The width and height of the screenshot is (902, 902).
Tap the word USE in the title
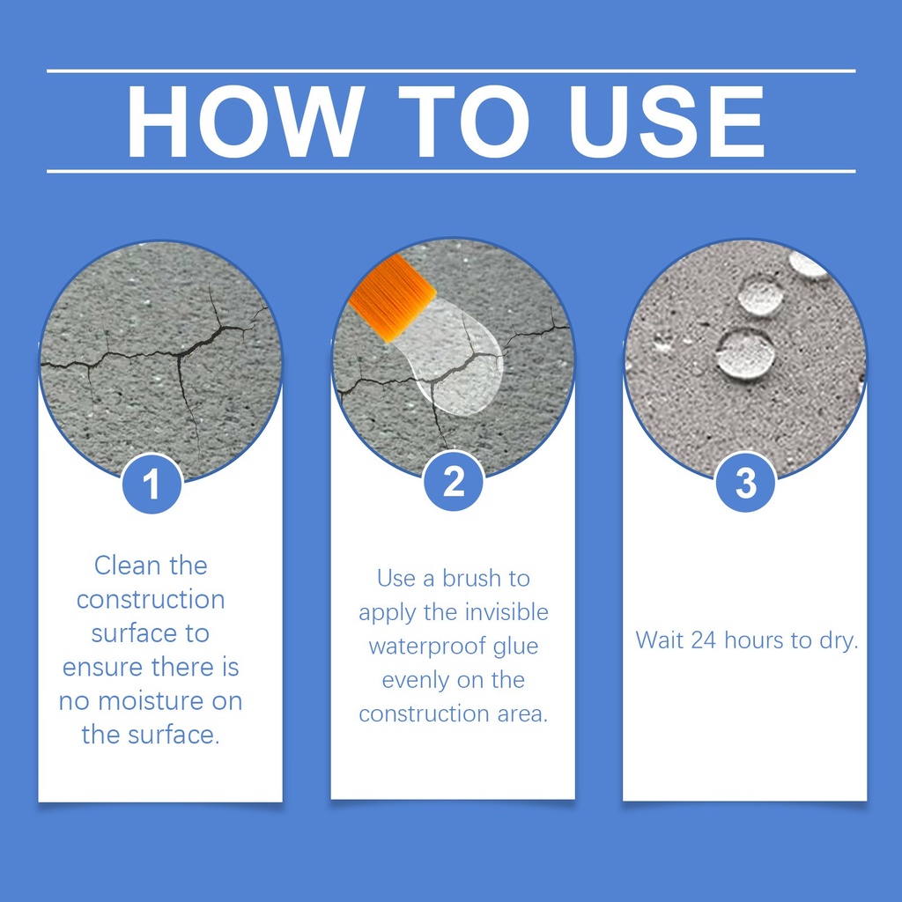(667, 122)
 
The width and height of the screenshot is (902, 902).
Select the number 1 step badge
(152, 484)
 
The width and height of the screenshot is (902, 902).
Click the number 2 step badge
(454, 481)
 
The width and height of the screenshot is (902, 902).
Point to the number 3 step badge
(745, 482)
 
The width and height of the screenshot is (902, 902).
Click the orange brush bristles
(392, 298)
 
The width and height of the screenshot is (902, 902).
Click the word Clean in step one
(126, 566)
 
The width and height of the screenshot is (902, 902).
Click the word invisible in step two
(506, 612)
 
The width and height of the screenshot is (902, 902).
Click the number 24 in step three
(703, 640)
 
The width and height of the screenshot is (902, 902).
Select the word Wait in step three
(660, 640)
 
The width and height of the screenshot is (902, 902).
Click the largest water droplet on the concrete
(745, 354)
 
